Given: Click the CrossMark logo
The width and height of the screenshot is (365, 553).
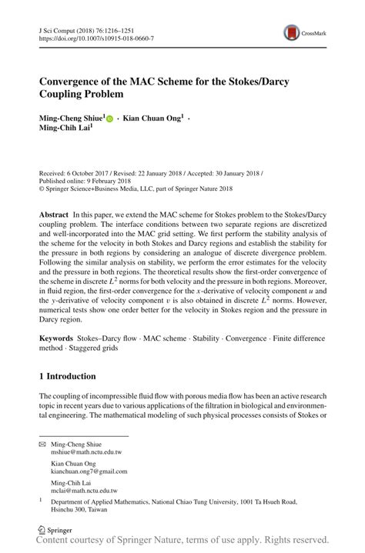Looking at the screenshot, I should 293,32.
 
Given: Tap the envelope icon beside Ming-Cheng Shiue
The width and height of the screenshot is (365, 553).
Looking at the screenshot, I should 42,445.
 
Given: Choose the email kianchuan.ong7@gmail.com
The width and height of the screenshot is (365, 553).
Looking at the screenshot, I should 89,471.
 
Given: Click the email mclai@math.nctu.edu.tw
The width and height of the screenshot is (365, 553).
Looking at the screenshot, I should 84,490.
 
